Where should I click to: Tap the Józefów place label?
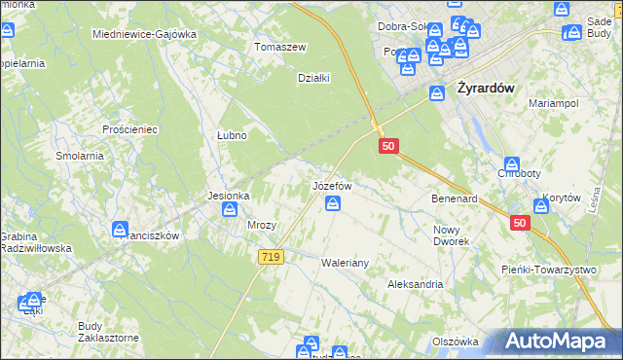coord(331,184)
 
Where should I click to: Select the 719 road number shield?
coord(272,257)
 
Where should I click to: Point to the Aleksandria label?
coord(415,284)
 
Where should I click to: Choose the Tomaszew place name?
coord(280,47)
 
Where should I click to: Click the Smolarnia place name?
coord(80,156)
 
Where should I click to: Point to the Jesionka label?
coord(229,196)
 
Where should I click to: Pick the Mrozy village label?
coord(262,225)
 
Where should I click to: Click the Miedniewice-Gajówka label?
coord(144,34)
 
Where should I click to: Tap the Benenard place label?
coord(454,198)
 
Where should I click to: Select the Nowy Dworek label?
coord(451,234)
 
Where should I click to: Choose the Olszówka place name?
coord(455,342)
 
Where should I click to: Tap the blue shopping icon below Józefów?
coord(333,203)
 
